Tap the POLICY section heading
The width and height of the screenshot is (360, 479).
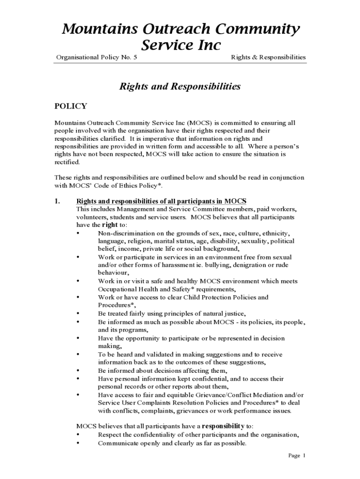pos(71,106)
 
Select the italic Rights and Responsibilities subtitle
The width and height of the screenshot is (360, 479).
pos(180,87)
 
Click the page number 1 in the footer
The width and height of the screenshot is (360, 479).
pos(304,455)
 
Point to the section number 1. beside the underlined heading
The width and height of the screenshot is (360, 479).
pos(58,201)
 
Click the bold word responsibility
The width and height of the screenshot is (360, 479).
pos(223,426)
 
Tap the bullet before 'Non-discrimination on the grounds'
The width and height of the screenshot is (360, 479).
pos(77,233)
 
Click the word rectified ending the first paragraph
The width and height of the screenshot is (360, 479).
pos(67,162)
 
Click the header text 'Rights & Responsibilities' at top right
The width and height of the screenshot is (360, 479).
pos(268,58)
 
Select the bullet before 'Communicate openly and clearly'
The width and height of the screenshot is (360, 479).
pos(77,443)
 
